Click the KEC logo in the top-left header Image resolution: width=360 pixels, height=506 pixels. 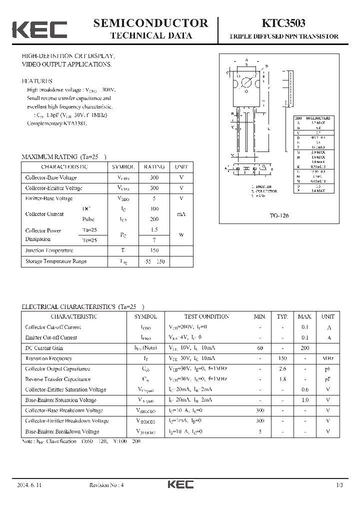39,29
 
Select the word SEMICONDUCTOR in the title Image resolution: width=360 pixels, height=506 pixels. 150,23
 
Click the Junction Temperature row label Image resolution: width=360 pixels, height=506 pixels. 49,250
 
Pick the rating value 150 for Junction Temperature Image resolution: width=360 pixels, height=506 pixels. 154,250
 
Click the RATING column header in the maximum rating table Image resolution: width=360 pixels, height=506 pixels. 154,167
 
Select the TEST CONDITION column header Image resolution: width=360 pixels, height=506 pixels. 206,316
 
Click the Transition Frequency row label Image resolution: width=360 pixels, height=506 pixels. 48,358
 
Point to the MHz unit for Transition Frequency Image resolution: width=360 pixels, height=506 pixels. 328,358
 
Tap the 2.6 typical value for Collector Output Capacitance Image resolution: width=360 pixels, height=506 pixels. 282,369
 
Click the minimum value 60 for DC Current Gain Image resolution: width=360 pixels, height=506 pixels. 259,348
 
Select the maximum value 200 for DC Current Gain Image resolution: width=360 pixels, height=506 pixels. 304,348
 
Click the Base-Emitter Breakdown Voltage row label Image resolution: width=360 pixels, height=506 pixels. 62,431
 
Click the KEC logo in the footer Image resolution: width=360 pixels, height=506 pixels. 180,485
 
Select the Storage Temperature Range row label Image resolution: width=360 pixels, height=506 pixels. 56,261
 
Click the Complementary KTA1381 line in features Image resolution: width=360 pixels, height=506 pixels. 56,123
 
